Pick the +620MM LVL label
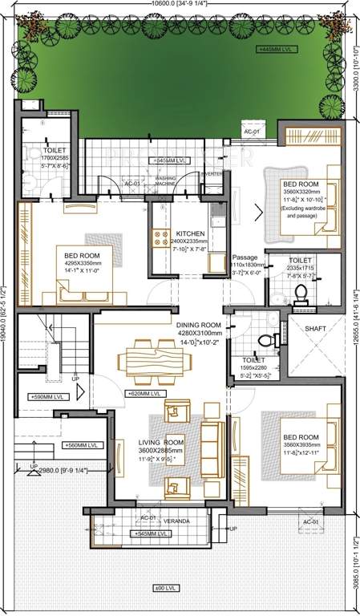click(145, 394)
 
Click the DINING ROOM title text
click(199, 325)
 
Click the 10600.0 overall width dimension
click(179, 6)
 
